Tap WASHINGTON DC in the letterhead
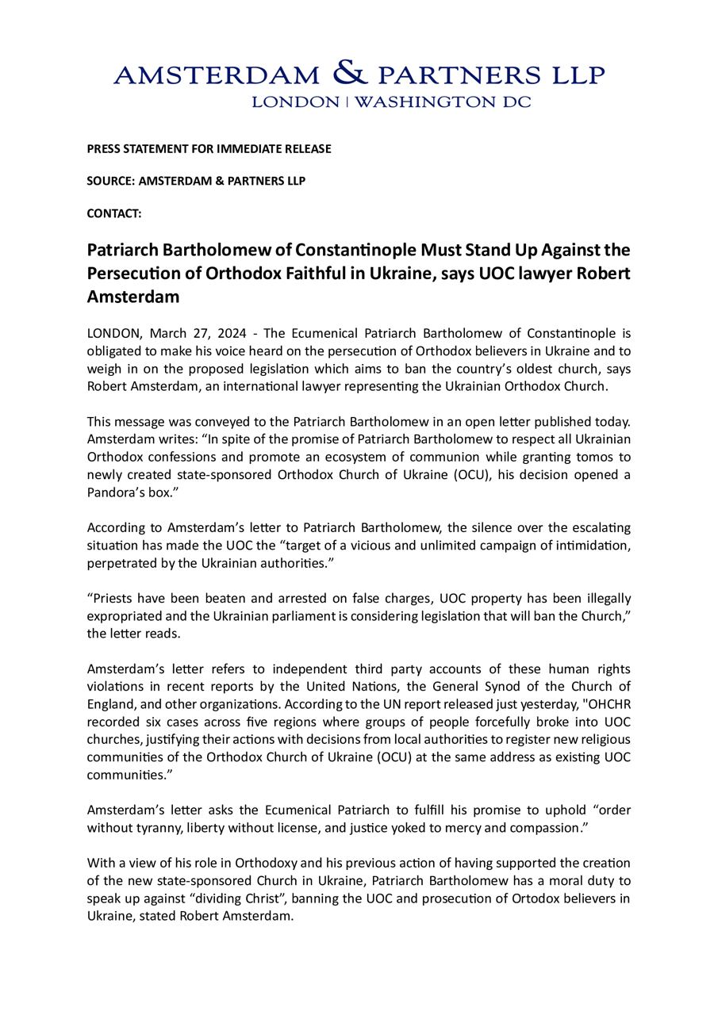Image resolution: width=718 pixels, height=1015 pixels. pos(442,102)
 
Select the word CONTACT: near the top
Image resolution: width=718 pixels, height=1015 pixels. pos(114,213)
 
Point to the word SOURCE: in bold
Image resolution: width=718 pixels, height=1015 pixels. pos(111,181)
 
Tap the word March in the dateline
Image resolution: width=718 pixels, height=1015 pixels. pos(167,333)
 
